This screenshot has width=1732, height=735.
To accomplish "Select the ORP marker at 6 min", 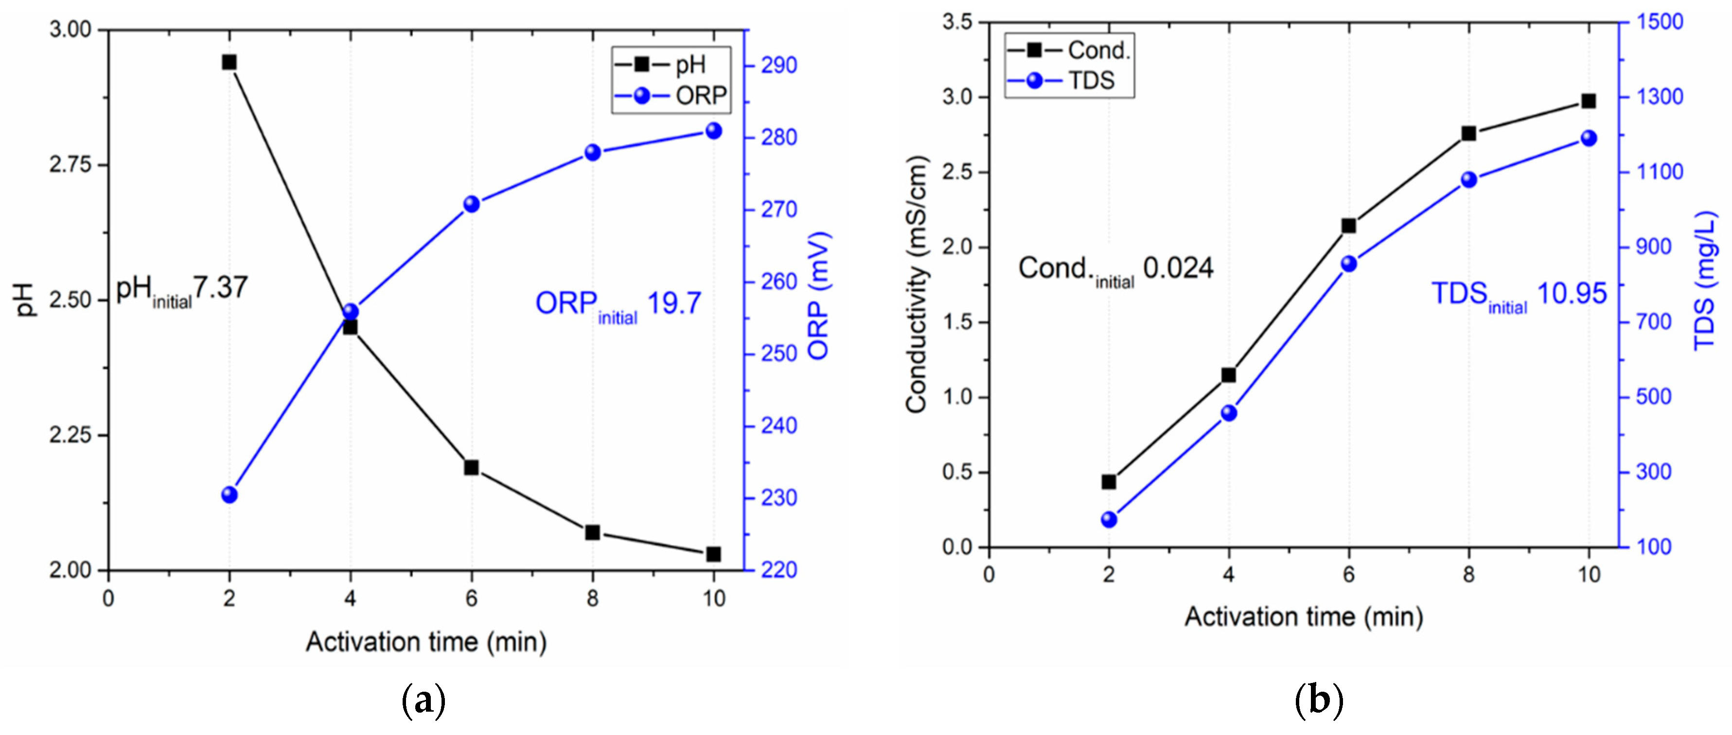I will (471, 205).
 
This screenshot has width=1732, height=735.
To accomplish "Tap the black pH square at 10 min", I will (713, 554).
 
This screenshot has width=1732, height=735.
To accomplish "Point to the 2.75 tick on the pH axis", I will (70, 165).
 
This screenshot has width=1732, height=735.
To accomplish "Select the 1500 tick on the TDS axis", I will (1660, 21).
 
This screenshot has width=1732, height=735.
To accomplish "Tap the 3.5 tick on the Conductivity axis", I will (957, 22).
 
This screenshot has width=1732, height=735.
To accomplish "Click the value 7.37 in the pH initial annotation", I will (221, 288).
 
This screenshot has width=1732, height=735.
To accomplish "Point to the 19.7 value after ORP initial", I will (674, 303).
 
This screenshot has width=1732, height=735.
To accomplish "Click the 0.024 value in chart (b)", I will (1178, 268).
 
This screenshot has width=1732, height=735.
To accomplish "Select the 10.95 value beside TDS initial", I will (1572, 294).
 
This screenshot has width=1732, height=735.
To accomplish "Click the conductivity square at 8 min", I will (1468, 134).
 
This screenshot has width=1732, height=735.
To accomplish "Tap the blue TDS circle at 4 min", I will (1228, 413).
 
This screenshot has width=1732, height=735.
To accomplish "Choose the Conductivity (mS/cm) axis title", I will (917, 284).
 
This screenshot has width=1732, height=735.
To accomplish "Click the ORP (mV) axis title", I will (818, 296).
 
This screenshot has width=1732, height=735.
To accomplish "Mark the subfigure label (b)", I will (1319, 700).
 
